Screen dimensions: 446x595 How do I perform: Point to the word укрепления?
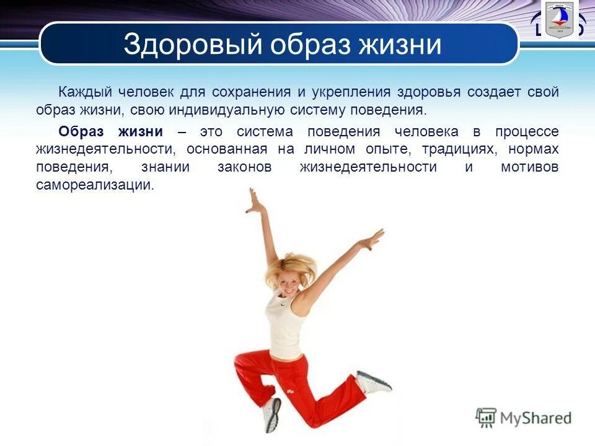click(x=351, y=92)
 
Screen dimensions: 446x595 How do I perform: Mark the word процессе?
click(x=527, y=131)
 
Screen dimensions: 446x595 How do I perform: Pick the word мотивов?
click(x=530, y=167)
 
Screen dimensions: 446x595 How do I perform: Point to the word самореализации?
click(x=94, y=185)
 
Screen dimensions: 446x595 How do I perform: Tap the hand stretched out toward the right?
click(x=374, y=239)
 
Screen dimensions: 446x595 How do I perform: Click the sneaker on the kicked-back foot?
click(x=373, y=382)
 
